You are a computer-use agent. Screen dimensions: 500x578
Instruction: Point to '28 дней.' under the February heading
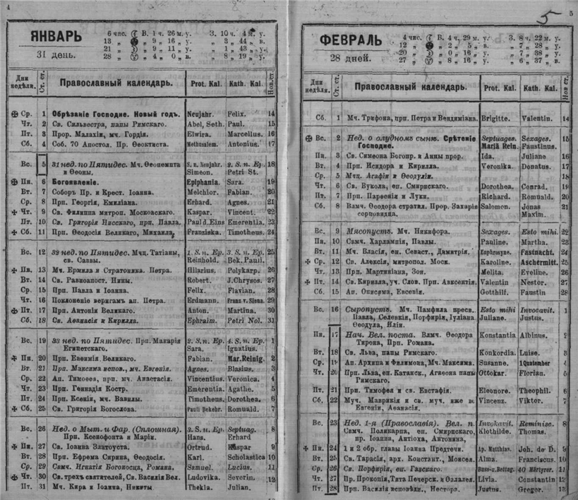click(x=344, y=59)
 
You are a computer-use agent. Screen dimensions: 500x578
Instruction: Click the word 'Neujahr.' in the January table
click(x=203, y=113)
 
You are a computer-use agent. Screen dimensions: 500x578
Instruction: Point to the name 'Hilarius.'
click(x=203, y=270)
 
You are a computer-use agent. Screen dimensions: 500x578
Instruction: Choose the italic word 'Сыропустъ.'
click(x=367, y=309)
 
